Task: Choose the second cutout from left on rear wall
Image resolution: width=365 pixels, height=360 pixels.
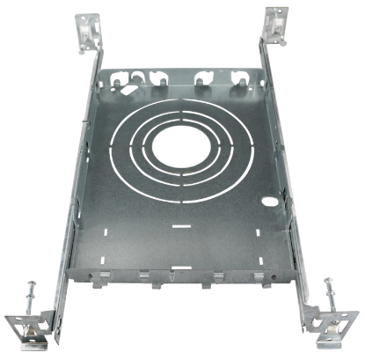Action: [x=158, y=82]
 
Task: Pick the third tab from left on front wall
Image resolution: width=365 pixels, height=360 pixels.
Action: [x=208, y=283]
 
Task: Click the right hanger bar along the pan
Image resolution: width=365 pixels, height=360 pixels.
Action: [x=290, y=176]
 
